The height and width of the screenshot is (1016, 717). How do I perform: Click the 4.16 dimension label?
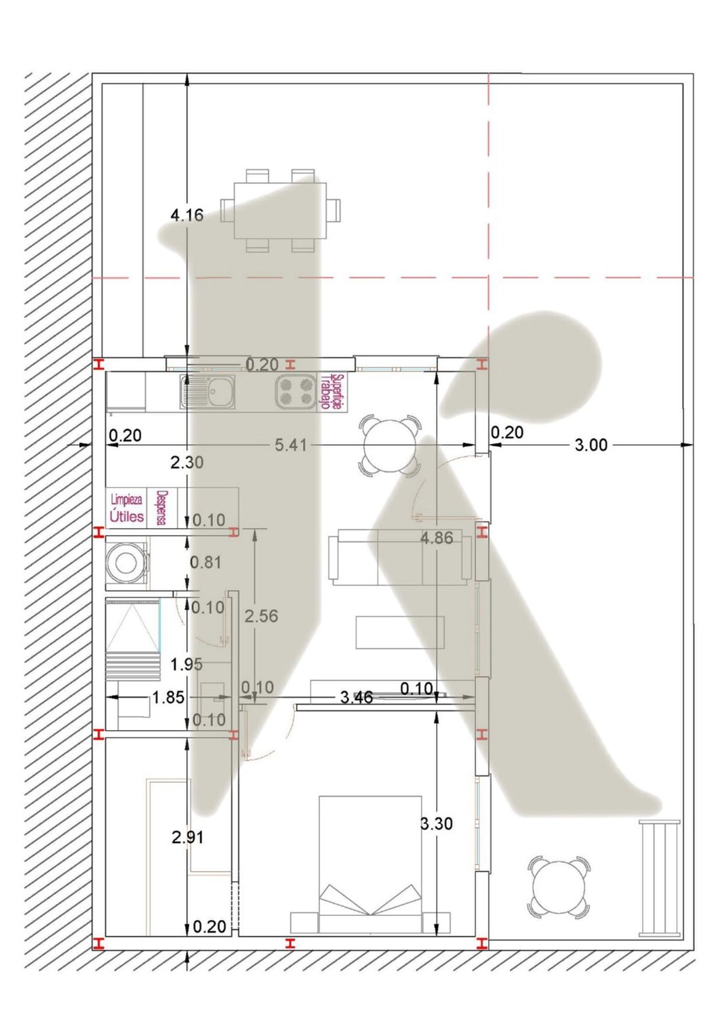(x=187, y=215)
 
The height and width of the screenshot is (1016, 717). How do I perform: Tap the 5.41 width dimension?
(x=291, y=445)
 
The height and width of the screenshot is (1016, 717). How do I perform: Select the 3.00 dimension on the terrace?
(x=591, y=445)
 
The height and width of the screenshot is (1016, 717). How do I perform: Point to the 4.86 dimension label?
(x=436, y=538)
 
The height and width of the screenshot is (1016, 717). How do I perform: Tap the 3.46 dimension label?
(x=357, y=698)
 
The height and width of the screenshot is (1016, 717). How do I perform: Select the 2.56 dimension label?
(x=261, y=616)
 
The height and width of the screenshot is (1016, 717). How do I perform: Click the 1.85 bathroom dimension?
(x=168, y=698)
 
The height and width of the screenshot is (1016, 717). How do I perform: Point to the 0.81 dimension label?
(x=206, y=562)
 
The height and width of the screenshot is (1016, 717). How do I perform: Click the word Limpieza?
(x=126, y=500)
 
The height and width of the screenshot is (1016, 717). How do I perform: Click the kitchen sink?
(x=207, y=392)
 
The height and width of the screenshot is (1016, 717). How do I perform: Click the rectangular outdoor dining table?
(x=280, y=210)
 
